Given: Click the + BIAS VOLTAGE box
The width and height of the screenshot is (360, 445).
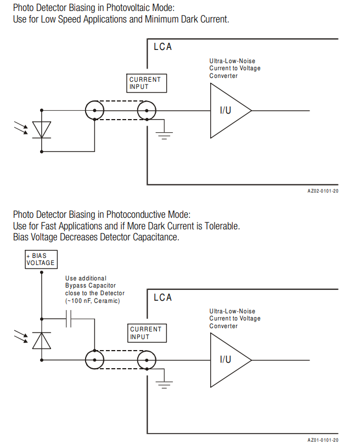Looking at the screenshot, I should click(41, 260).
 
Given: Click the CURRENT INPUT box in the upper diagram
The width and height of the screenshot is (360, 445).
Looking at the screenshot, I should click(145, 83).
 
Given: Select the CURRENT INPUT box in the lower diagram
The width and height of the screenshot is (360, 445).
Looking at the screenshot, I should click(146, 333).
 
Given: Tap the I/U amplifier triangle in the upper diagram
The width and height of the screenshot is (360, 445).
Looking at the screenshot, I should click(228, 110).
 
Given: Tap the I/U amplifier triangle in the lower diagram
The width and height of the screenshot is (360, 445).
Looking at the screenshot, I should click(228, 360).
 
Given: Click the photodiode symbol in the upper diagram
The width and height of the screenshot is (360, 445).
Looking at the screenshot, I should click(41, 129).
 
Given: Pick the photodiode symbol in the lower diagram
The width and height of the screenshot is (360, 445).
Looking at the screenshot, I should click(41, 340).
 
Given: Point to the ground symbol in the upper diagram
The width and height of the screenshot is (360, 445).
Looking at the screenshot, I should click(164, 134).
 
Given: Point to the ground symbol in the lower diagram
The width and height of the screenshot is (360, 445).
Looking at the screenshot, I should click(164, 384).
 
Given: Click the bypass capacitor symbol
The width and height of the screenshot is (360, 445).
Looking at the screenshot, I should click(69, 319).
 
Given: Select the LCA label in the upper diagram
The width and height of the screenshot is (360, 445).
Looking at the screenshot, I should click(163, 47).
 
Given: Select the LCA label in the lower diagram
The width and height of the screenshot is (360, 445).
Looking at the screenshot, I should click(163, 297).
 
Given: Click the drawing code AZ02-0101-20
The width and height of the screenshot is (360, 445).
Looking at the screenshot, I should click(323, 191).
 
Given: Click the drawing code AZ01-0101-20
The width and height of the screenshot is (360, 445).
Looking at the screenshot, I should click(323, 440).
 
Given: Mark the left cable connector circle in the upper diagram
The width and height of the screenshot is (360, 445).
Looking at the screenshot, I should click(95, 110).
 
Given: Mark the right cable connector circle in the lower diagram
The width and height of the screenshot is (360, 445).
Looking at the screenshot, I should click(147, 360).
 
